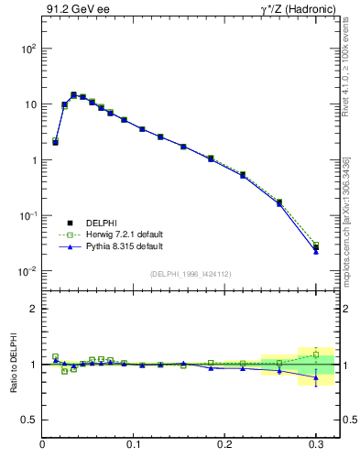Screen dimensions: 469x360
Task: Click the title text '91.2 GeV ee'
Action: (75, 10)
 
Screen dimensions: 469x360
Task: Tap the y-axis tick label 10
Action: (28, 104)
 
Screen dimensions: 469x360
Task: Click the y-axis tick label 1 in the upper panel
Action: (33, 160)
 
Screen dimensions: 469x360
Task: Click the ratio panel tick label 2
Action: (33, 309)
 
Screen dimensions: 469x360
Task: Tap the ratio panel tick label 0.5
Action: (29, 420)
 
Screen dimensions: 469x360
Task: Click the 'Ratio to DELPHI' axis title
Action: (12, 364)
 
